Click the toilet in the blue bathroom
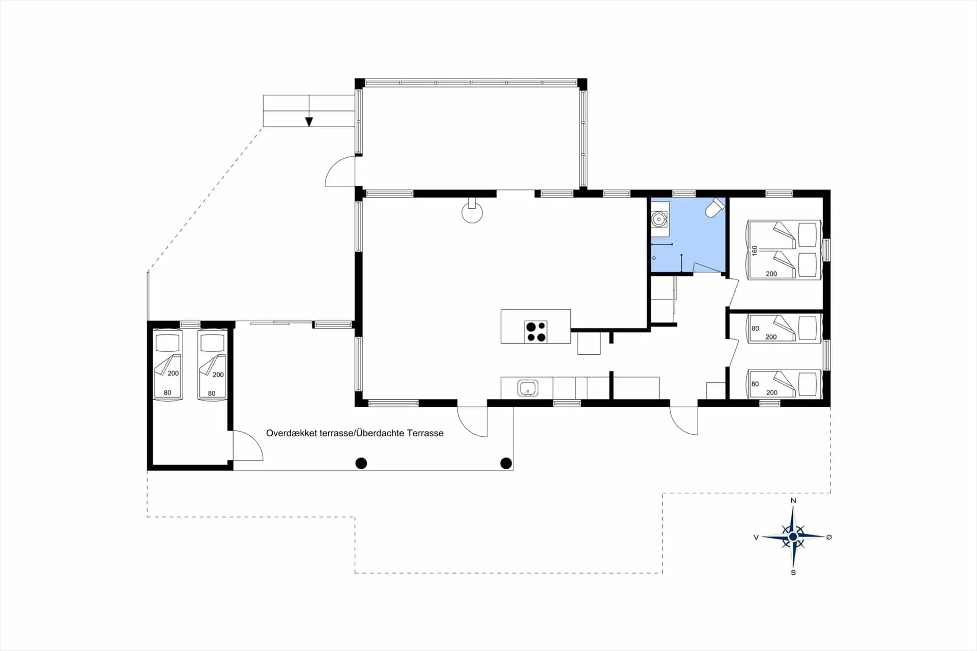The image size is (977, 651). [714, 208]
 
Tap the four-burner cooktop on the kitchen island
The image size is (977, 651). [536, 331]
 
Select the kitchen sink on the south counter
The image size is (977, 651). [528, 388]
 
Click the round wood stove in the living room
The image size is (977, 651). [472, 212]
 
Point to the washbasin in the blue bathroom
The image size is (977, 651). [659, 219]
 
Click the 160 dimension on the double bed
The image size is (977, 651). [755, 250]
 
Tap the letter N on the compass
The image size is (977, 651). [793, 501]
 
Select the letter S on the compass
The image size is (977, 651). [793, 573]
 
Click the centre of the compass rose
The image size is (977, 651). [793, 536]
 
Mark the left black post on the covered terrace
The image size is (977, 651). [361, 463]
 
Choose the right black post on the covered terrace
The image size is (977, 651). [506, 463]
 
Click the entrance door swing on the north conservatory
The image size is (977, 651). [340, 172]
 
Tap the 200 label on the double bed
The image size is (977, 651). [771, 274]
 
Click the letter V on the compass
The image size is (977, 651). [756, 537]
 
